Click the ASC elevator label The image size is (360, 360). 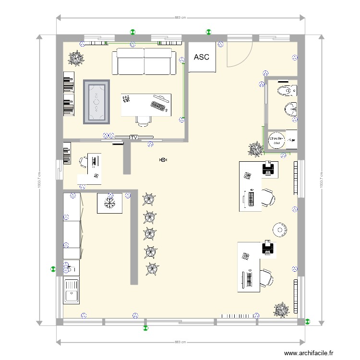coord(202,57)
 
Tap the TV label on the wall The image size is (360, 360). coord(133,138)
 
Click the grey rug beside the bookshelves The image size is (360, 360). coord(97,102)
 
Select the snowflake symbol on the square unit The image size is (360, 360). coord(110,203)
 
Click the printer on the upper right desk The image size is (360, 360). coord(268,168)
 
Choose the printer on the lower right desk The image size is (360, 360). coord(268,249)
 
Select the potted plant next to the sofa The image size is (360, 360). coord(76,59)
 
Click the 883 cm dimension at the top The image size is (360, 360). coord(180,18)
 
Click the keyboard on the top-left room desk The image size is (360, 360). coord(159,105)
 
